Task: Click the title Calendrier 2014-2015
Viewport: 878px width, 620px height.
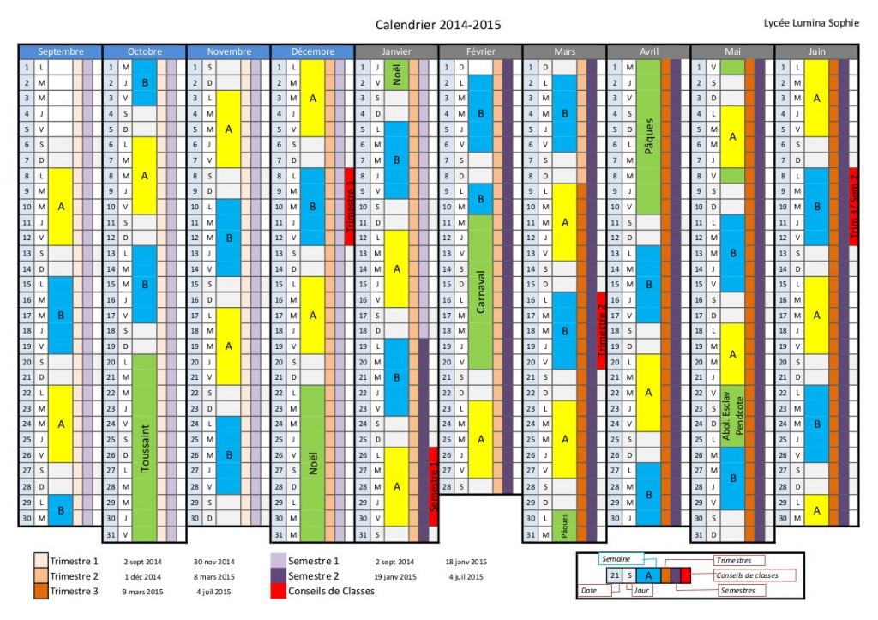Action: pos(438,26)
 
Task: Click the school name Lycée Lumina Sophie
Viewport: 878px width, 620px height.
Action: pos(810,23)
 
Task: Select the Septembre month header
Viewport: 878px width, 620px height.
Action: pos(61,51)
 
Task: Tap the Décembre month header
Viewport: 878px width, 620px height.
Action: pos(312,51)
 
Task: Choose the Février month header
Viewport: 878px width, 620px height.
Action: pos(480,51)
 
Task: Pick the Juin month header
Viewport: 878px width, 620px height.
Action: pos(816,51)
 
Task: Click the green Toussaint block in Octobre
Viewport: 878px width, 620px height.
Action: pos(145,447)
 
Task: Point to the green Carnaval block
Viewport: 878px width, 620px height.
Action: pos(481,292)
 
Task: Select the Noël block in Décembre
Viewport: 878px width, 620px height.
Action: pos(313,462)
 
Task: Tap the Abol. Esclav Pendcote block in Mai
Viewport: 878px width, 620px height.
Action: pos(732,416)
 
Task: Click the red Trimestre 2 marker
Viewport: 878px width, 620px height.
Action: pos(602,330)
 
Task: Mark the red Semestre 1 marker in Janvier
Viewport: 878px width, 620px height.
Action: pos(434,485)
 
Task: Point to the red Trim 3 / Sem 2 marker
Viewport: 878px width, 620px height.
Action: pos(854,206)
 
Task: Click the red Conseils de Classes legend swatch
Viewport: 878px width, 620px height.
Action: pos(278,591)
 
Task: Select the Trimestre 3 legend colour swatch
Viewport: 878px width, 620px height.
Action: pos(40,591)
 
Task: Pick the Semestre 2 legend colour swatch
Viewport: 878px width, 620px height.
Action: pos(278,576)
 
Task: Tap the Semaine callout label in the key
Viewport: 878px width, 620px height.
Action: pos(615,558)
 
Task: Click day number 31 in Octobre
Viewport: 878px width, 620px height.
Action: pos(111,534)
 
